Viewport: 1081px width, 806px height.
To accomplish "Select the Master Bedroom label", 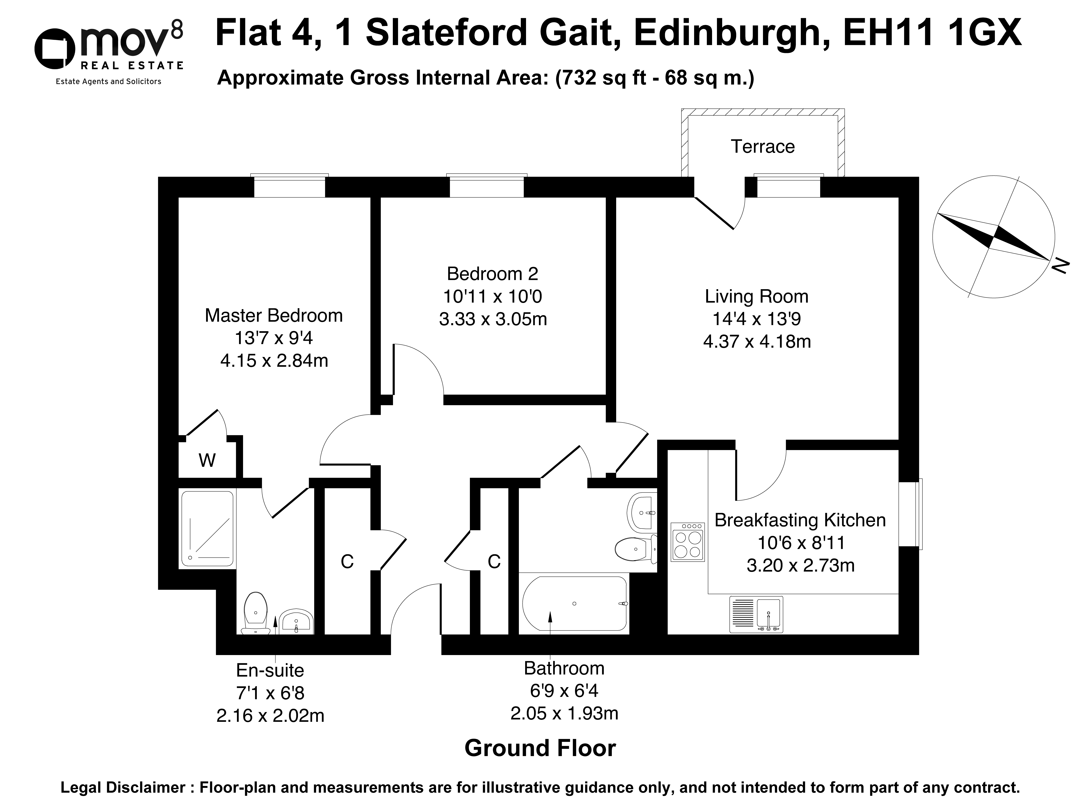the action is coord(274,316).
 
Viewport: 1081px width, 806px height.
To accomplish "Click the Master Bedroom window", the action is coord(289,186).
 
